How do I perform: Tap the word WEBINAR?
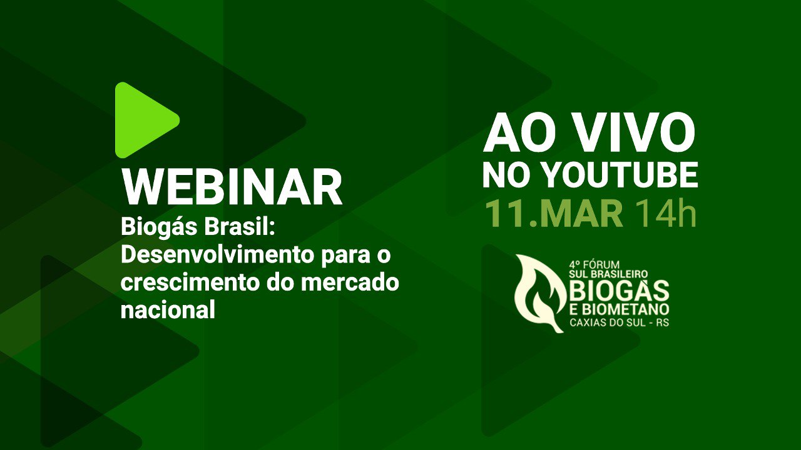point(232,186)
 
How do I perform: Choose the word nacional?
point(168,309)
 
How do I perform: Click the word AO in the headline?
point(523,133)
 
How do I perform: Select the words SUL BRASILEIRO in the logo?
point(608,274)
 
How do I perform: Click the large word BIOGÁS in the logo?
point(619,291)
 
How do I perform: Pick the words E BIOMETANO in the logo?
point(619,309)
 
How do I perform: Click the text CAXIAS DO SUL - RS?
point(619,322)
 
